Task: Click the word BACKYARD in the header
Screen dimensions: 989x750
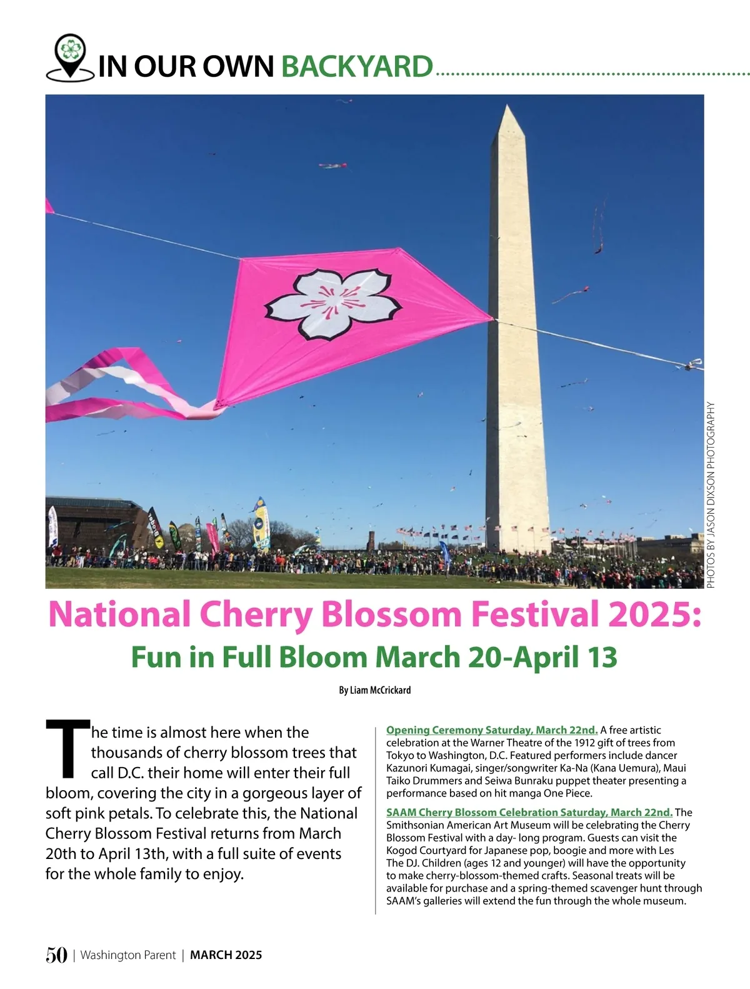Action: coord(357,66)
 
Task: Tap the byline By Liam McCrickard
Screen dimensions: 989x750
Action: coord(375,690)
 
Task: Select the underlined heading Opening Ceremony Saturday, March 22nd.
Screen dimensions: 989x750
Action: coord(492,730)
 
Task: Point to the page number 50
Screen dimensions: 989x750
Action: coord(56,955)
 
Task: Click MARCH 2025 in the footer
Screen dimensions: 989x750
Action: coord(226,955)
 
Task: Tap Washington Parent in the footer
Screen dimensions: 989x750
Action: coord(127,955)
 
